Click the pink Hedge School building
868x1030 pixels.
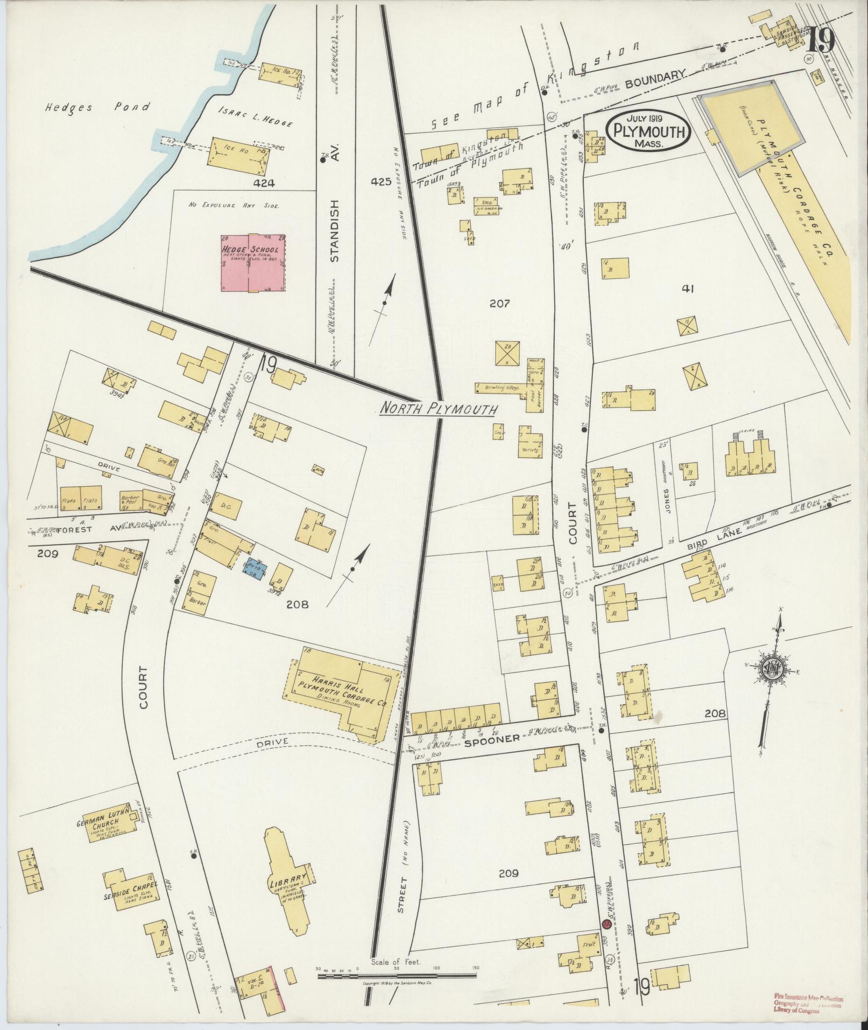pyautogui.click(x=252, y=263)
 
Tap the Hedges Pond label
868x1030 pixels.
pyautogui.click(x=97, y=107)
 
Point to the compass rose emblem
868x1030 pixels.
pyautogui.click(x=774, y=669)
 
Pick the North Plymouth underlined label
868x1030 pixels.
pyautogui.click(x=437, y=409)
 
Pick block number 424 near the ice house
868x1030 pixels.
pyautogui.click(x=265, y=184)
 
